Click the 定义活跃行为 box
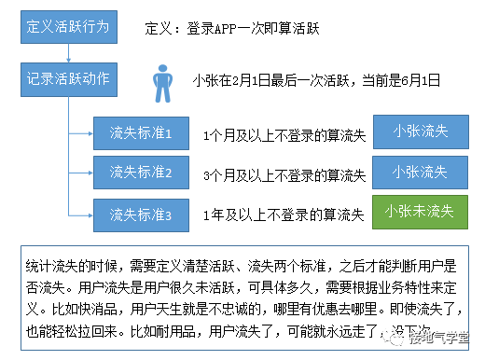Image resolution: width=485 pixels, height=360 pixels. tap(70, 26)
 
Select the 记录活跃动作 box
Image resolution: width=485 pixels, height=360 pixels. tap(70, 78)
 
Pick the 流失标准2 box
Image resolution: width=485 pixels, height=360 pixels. tap(141, 172)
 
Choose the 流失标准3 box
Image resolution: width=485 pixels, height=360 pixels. tap(141, 215)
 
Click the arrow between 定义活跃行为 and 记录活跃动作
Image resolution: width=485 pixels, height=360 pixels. tap(70, 51)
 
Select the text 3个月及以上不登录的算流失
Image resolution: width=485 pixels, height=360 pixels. tap(283, 175)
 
